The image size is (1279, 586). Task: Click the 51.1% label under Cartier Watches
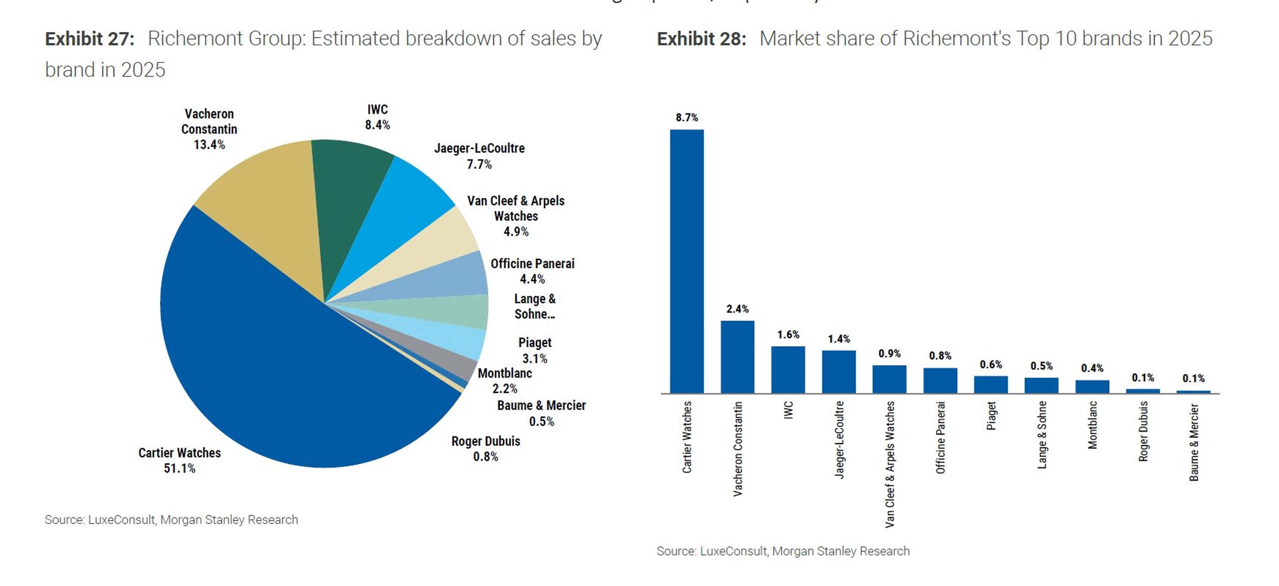179,468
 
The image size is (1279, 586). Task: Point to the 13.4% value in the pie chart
209,145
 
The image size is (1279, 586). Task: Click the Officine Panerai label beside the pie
532,263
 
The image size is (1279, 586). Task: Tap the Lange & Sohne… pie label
535,306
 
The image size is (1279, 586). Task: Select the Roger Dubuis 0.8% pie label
486,449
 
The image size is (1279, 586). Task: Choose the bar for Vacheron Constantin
737,357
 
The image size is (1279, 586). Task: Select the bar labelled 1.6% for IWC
788,370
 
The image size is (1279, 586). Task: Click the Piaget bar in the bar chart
990,384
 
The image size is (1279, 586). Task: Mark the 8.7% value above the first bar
686,117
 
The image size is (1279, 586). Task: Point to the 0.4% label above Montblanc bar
1092,368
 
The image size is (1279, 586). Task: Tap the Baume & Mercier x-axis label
1194,442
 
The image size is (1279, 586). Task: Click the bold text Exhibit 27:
90,39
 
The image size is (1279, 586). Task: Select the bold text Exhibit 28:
701,39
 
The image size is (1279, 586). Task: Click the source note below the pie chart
171,520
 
